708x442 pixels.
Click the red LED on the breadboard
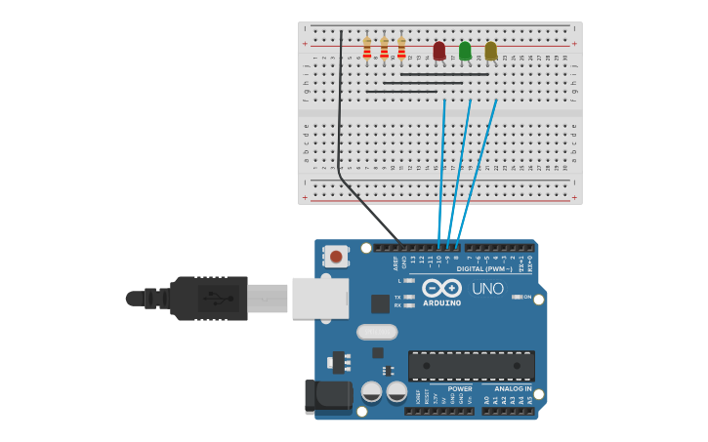point(439,50)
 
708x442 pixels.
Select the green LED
point(465,50)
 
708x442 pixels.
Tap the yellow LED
point(490,50)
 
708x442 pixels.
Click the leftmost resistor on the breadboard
point(367,49)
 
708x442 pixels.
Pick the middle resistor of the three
point(384,49)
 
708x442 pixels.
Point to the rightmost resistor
point(401,49)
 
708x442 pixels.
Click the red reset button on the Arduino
point(336,257)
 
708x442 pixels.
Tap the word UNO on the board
point(487,289)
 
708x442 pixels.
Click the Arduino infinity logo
point(441,288)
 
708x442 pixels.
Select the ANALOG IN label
point(513,388)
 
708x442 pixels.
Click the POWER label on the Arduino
point(460,388)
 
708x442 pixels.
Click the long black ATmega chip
point(471,366)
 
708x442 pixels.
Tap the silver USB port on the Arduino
point(320,298)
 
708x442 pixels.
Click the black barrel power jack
point(327,396)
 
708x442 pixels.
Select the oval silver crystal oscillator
point(377,332)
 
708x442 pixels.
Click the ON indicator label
point(527,297)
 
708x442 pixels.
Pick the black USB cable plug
point(209,298)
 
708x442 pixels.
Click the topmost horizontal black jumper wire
point(444,74)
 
